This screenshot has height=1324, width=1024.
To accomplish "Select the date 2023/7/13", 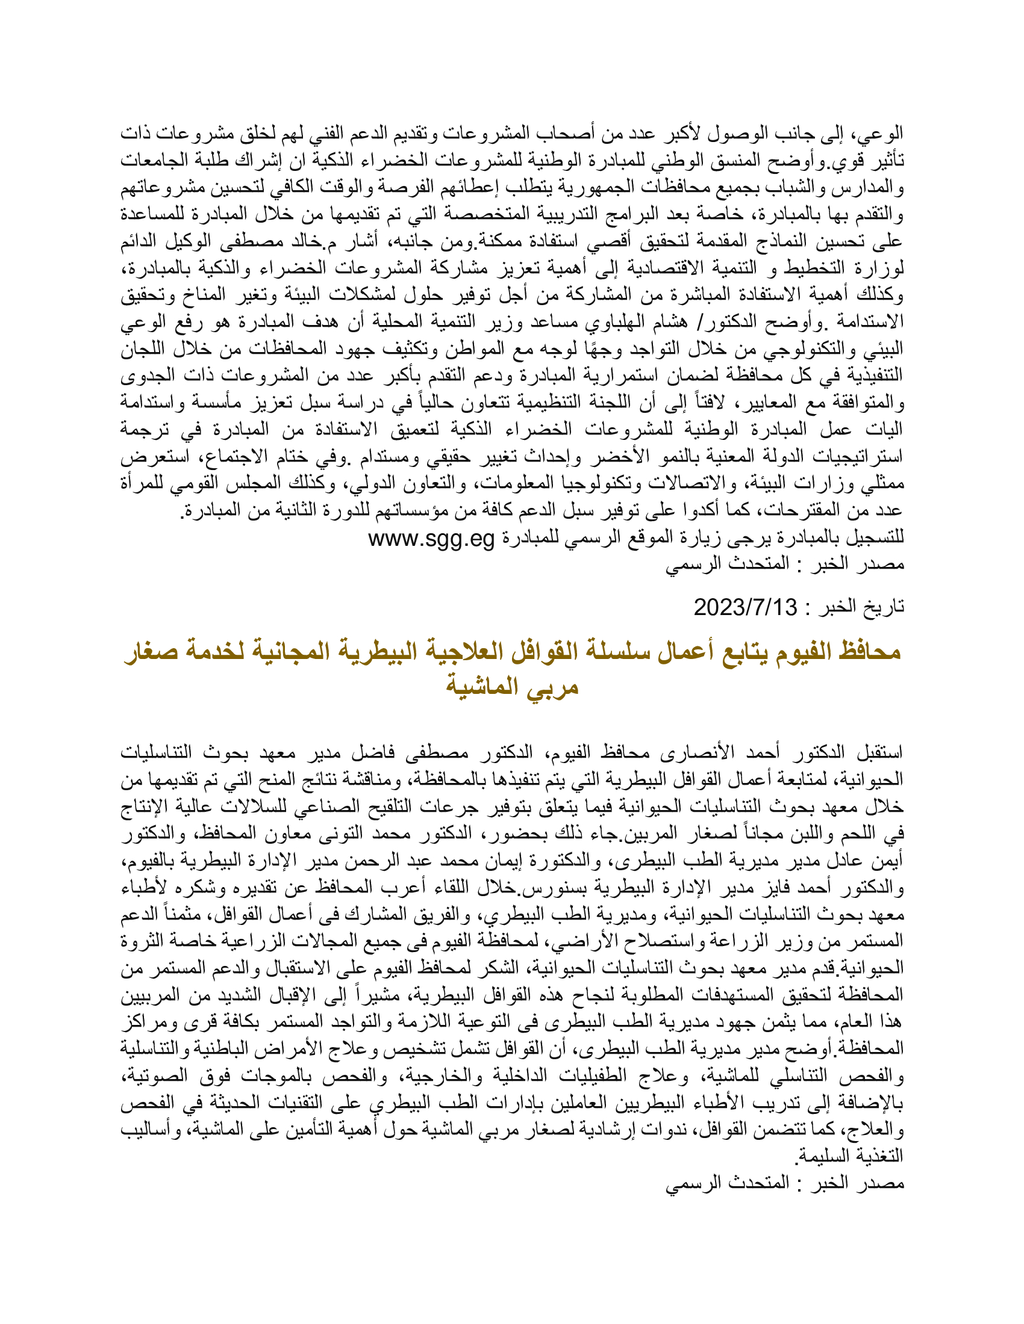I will (746, 607).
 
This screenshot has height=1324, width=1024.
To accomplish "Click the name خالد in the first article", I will (305, 243).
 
